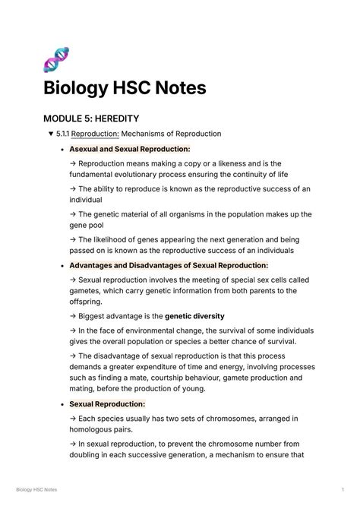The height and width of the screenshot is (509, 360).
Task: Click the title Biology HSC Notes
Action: [x=125, y=88]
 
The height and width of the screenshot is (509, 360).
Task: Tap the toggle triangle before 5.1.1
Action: [x=50, y=134]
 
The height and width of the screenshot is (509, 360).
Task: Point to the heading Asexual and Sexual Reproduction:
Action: [x=130, y=149]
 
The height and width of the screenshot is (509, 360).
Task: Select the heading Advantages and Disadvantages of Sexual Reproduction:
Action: [x=169, y=266]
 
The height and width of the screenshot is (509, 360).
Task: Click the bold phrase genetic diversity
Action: [x=194, y=316]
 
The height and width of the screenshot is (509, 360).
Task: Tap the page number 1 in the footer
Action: [x=343, y=491]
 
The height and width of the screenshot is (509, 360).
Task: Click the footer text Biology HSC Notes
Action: [x=36, y=491]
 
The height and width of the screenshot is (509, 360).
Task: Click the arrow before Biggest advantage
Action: [x=73, y=316]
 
